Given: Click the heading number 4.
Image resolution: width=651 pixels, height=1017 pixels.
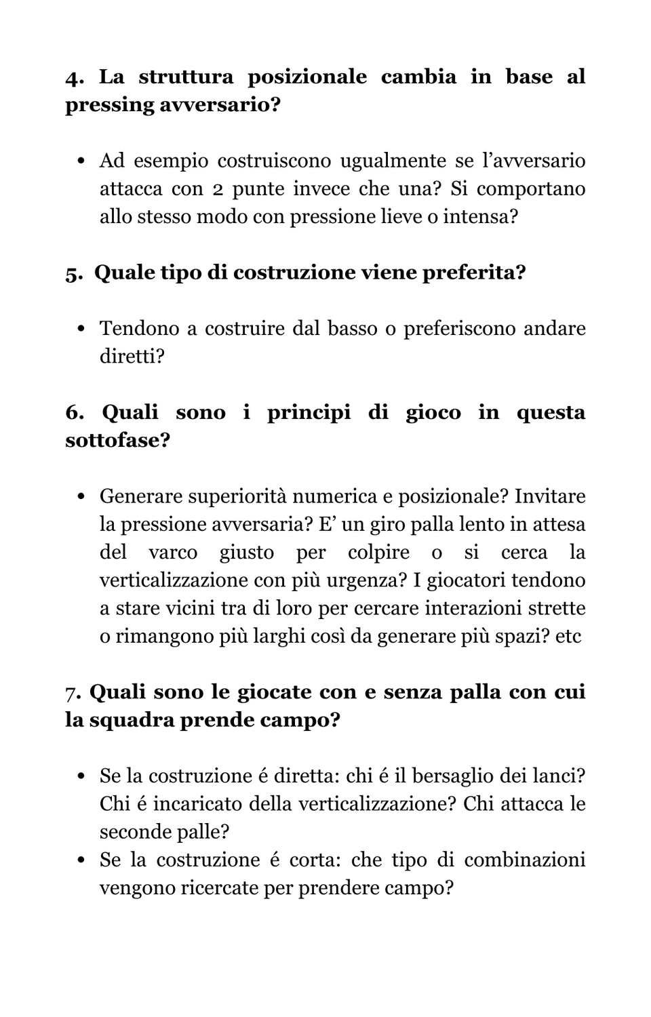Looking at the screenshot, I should point(74,77).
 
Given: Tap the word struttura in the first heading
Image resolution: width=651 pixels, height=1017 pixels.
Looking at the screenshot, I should point(186,77).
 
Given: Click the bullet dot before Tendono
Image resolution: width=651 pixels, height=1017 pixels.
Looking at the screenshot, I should point(81,330).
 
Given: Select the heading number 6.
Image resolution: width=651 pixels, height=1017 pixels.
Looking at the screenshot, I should point(74,413).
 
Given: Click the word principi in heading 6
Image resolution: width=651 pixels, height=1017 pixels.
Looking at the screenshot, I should point(309,413).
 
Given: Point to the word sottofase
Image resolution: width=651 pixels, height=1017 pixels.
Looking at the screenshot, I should point(117,441).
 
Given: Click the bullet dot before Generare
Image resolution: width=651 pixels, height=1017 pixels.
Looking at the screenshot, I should point(81,497).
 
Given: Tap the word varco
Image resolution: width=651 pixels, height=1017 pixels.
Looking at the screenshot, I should point(173,553).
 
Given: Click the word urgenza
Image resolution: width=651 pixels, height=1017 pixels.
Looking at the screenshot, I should point(363,580).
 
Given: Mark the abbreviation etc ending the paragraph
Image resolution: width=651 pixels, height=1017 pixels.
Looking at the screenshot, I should point(568,637).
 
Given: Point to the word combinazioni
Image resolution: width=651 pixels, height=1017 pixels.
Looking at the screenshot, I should point(524,860).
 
